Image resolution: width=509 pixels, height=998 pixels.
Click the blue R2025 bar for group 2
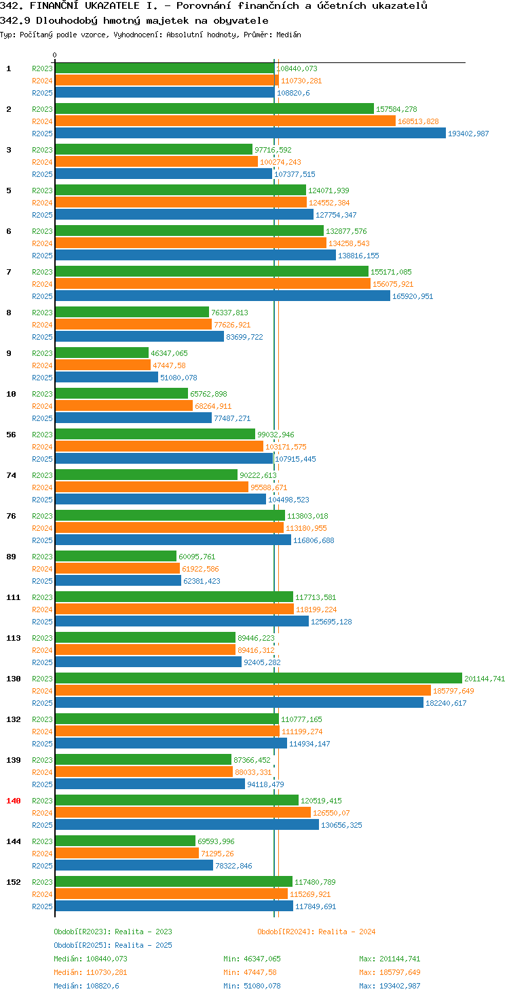[x=250, y=133]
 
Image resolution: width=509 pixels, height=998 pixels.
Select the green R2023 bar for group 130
[x=259, y=678]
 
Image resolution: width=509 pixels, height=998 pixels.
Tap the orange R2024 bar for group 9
[x=103, y=365]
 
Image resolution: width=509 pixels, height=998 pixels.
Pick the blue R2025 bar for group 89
[x=118, y=580]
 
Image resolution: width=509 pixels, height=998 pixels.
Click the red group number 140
[x=14, y=801]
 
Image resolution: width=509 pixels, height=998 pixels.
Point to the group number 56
[x=11, y=435]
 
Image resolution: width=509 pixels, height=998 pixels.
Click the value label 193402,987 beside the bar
[x=468, y=134]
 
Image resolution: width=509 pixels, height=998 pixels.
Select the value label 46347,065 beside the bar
[x=169, y=353]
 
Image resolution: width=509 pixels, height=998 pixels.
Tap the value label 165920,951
[x=413, y=296]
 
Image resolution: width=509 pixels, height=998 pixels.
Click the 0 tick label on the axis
[x=54, y=55]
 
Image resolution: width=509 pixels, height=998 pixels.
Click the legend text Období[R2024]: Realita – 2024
[x=316, y=932]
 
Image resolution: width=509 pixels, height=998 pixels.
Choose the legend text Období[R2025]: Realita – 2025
[x=113, y=945]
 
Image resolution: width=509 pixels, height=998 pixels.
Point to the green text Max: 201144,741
[x=390, y=959]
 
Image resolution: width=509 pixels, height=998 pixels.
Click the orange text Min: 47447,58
[x=252, y=972]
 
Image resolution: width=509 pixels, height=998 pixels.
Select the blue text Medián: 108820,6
[x=87, y=986]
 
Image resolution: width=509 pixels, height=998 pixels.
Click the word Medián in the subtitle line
[x=288, y=35]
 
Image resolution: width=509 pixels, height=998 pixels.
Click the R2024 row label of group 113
[x=42, y=650]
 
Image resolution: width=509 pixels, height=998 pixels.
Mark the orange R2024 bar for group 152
[x=171, y=894]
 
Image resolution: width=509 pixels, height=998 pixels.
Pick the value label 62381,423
[x=202, y=581]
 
